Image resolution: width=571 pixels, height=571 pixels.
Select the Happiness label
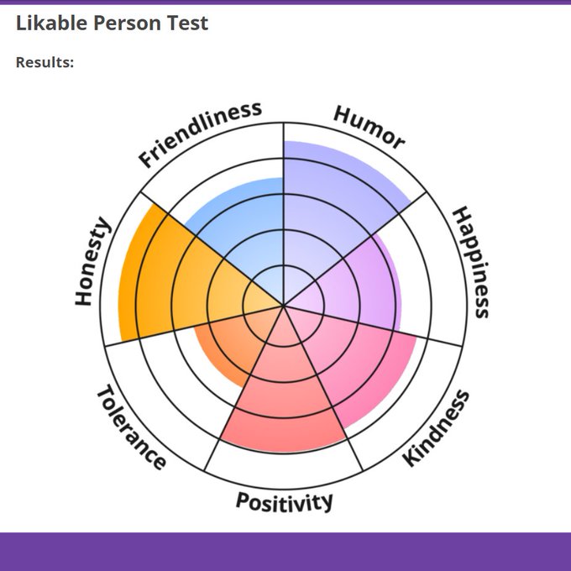pos(471,262)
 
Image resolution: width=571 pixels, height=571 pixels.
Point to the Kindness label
pos(436,428)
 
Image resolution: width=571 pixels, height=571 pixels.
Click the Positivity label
pos(284,502)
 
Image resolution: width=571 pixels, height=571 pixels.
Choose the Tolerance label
pos(131,427)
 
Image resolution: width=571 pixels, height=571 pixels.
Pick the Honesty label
pos(92,261)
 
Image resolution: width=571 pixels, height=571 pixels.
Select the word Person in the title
pos(128,23)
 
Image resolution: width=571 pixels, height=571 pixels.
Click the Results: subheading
pos(45,62)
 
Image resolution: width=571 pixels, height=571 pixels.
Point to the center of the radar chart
pos(284,305)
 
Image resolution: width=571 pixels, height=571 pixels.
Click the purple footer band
pos(285,552)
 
